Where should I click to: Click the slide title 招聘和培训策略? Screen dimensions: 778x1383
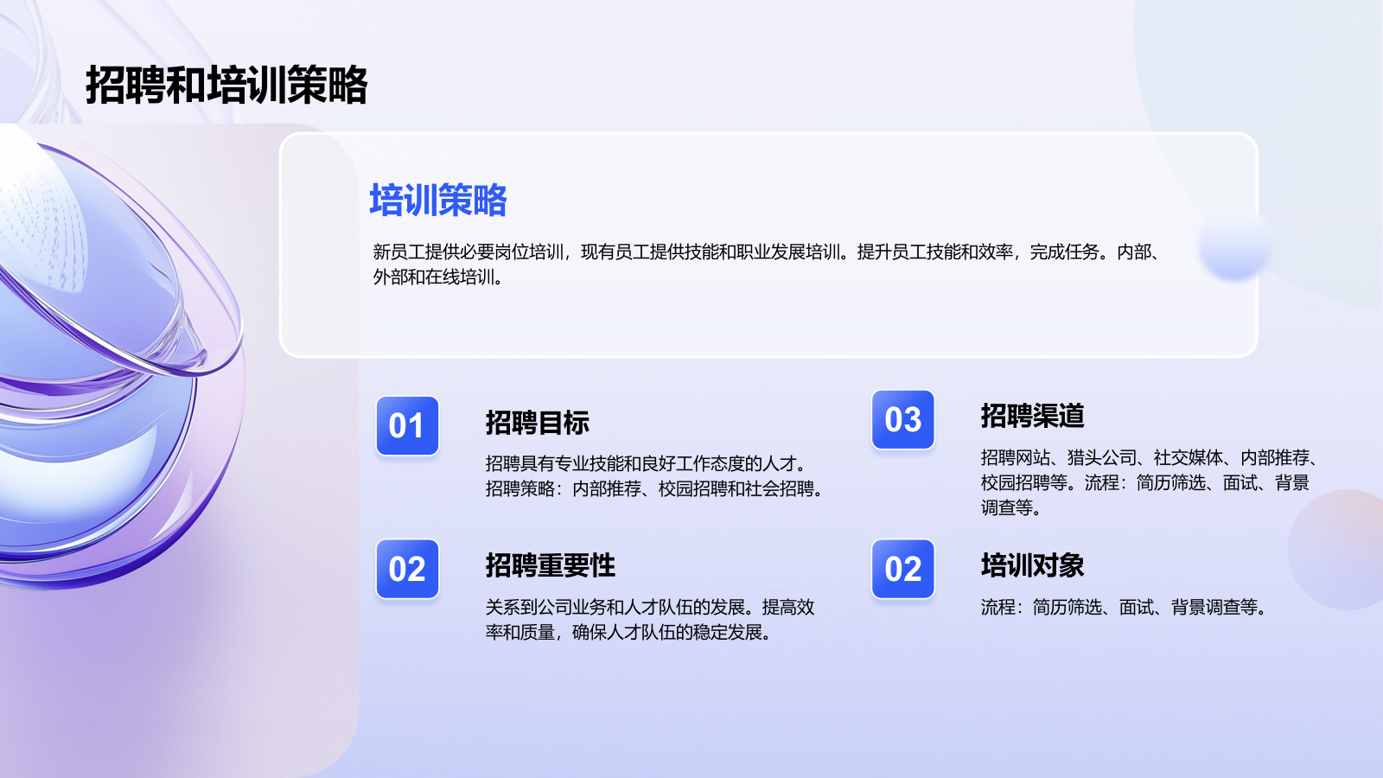point(226,85)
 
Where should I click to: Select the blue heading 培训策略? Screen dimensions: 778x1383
point(437,200)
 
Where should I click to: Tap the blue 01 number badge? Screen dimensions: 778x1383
point(407,425)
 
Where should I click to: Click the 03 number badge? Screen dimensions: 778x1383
point(902,419)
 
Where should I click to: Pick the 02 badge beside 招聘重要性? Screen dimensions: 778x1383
point(407,569)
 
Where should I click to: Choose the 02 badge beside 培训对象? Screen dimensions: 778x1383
point(902,569)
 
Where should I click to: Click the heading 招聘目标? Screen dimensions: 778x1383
point(537,423)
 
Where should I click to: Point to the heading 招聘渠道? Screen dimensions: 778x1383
point(1032,416)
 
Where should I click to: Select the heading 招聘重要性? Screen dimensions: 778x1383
point(550,565)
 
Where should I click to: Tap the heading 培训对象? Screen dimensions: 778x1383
point(1032,565)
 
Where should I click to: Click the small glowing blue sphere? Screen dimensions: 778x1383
point(1234,246)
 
